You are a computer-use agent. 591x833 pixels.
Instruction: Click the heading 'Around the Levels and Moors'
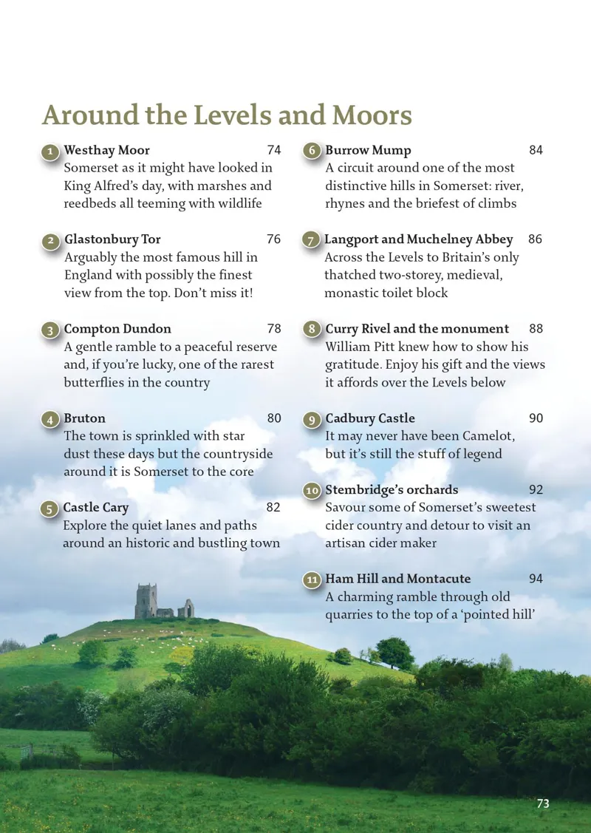coord(227,116)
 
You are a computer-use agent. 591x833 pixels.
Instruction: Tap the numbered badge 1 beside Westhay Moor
coord(49,152)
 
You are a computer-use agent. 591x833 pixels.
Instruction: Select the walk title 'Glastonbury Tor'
coord(112,239)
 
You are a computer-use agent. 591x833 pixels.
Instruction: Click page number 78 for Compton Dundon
coord(273,329)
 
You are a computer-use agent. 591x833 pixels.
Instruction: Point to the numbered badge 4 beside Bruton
coord(49,420)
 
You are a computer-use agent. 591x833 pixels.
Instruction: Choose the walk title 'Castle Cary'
coord(95,508)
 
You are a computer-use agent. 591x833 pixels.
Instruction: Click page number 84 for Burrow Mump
coord(536,151)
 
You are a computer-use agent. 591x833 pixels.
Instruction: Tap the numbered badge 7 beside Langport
coord(311,241)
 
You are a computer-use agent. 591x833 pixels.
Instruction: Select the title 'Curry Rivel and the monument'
coord(417,329)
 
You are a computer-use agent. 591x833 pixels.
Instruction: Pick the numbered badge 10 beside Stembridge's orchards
coord(312,491)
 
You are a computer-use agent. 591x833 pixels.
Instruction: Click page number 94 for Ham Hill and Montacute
coord(536,579)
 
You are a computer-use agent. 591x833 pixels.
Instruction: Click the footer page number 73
coord(543,803)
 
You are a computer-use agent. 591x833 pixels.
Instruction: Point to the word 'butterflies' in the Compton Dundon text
coord(98,383)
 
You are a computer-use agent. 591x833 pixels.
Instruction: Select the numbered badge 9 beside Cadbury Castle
coord(312,420)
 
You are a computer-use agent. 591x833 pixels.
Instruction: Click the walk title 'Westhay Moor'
coord(106,151)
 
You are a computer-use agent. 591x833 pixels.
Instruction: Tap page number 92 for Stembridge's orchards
coord(536,490)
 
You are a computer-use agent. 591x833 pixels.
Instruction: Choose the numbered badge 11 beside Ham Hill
coord(312,580)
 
